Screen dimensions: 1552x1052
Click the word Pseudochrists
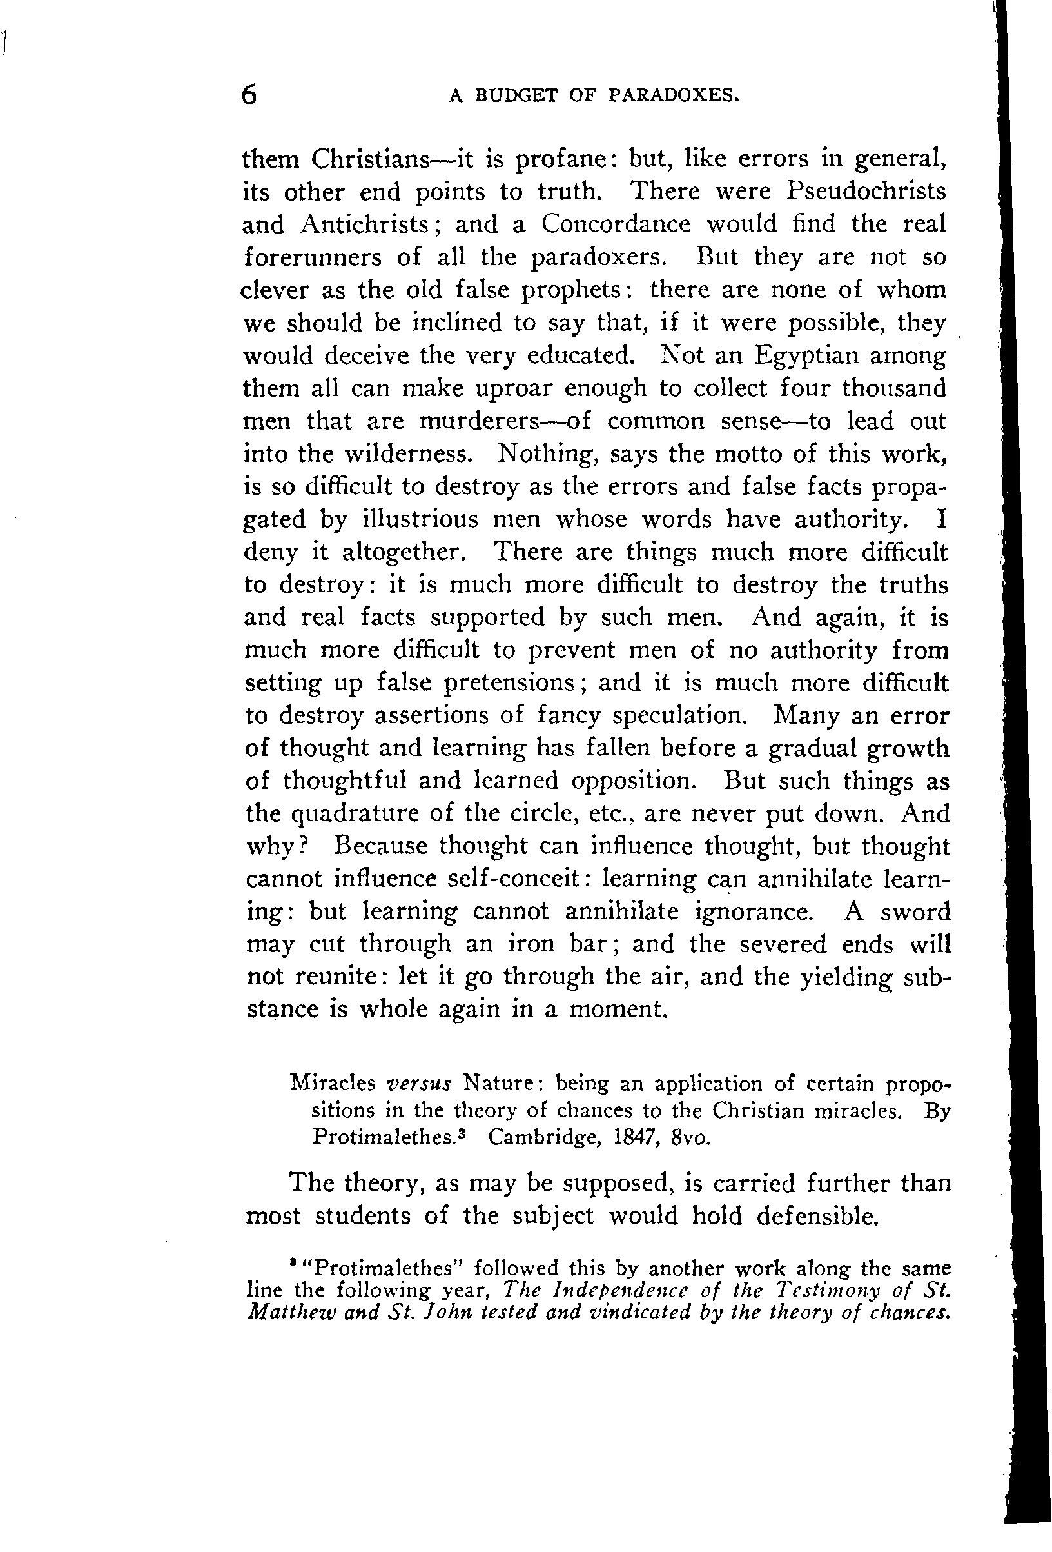coord(866,192)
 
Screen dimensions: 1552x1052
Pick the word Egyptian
coord(806,355)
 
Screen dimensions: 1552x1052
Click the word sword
coord(915,912)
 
